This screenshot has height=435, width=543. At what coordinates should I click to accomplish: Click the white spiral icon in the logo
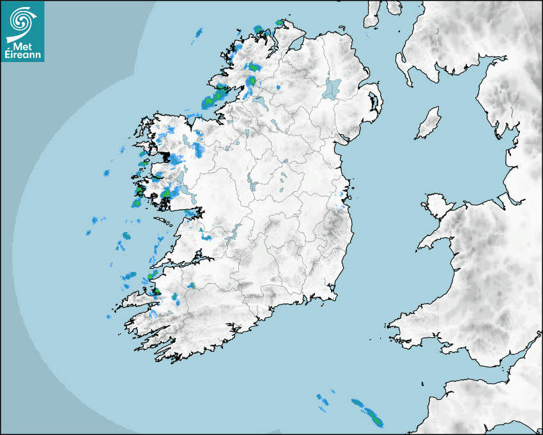(x=22, y=21)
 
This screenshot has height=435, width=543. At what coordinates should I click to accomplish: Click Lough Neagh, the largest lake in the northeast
(x=332, y=88)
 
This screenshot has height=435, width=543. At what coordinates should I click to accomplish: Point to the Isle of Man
(x=429, y=123)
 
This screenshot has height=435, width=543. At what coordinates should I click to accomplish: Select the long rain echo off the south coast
(x=368, y=412)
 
